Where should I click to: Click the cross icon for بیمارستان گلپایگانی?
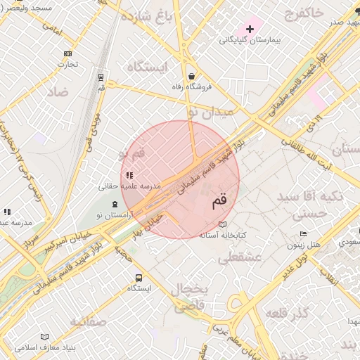click(x=250, y=29)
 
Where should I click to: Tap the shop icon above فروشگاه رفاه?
click(x=191, y=76)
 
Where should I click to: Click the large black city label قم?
click(x=220, y=202)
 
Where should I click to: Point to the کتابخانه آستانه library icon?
click(x=223, y=224)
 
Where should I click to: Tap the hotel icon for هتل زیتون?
click(x=303, y=234)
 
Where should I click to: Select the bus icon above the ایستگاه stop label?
click(x=139, y=278)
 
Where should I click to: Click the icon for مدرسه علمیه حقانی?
click(x=129, y=175)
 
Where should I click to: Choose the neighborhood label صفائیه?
click(x=87, y=322)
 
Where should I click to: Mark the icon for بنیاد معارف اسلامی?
click(x=45, y=337)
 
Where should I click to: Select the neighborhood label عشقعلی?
click(x=239, y=259)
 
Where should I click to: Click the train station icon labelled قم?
click(x=101, y=77)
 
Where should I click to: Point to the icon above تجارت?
click(x=67, y=53)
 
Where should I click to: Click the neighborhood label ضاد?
click(x=58, y=92)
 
